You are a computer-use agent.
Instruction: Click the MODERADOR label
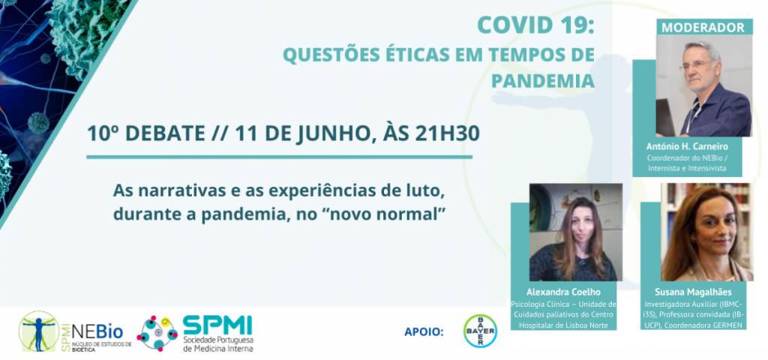pyautogui.click(x=703, y=27)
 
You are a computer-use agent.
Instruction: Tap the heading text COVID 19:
pyautogui.click(x=535, y=25)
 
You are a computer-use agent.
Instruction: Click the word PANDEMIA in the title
pyautogui.click(x=543, y=81)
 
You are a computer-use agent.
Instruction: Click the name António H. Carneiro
pyautogui.click(x=686, y=146)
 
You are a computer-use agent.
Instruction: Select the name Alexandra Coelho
pyautogui.click(x=562, y=293)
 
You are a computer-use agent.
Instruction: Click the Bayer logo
pyautogui.click(x=480, y=331)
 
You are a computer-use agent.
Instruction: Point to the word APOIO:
pyautogui.click(x=424, y=332)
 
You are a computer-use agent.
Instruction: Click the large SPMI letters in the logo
pyautogui.click(x=217, y=325)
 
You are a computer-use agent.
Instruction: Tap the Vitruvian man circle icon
pyautogui.click(x=39, y=331)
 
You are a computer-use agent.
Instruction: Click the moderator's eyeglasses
pyautogui.click(x=693, y=65)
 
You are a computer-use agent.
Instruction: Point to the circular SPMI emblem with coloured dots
pyautogui.click(x=157, y=332)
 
